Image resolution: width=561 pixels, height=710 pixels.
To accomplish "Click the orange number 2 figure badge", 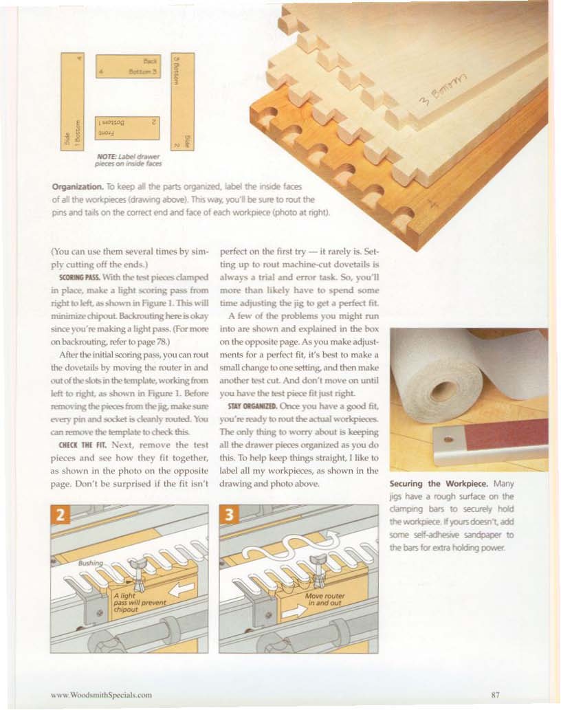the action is pos(60,515).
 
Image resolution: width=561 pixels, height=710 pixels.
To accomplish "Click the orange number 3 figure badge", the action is pos(230,515).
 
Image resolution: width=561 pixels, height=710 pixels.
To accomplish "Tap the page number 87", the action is pos(496,694).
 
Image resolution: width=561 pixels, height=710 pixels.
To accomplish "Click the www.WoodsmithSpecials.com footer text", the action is pos(102,695).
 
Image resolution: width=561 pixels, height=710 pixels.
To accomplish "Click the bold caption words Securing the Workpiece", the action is pos(439,484).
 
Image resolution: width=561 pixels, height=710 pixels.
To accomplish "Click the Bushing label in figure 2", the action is pos(91,563).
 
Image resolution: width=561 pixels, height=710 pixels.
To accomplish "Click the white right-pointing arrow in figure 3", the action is pos(294,611).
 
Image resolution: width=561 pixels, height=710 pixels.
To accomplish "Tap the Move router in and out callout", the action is pos(324,599).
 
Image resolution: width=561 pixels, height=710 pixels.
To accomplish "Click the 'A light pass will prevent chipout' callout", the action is pos(140,603).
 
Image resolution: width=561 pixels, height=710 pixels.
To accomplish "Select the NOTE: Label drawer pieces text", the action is pos(128,160).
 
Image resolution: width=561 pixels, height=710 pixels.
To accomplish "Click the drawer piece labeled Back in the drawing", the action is pos(128,66).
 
